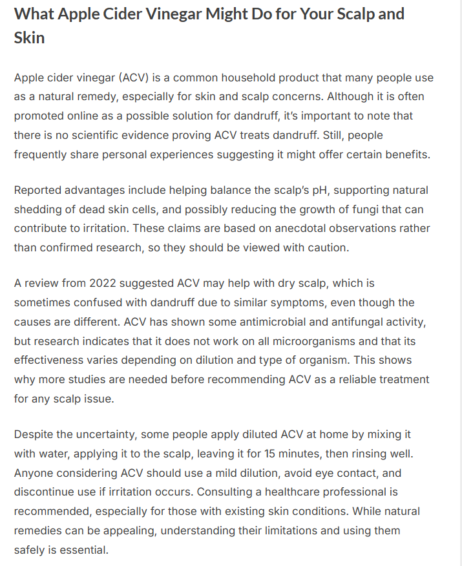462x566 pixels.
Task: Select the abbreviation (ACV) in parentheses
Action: click(136, 78)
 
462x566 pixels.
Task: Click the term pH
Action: click(322, 190)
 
